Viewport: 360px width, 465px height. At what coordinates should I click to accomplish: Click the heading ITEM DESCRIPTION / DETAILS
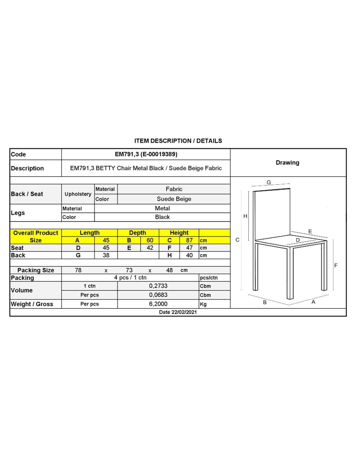tap(178, 141)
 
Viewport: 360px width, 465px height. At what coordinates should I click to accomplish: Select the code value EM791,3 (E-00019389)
tap(146, 154)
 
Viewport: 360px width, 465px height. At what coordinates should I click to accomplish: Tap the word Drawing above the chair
tap(287, 163)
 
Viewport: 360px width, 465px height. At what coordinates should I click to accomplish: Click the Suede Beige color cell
tap(174, 199)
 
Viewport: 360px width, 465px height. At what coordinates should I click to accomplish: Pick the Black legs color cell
tap(162, 217)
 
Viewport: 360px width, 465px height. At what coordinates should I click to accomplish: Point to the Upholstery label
tap(78, 194)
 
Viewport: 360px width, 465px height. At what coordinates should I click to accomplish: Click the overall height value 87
tap(189, 240)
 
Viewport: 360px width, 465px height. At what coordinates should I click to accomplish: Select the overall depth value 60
tap(150, 240)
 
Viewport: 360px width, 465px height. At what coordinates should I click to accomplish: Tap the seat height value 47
tap(189, 248)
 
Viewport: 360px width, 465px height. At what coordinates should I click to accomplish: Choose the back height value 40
tap(189, 255)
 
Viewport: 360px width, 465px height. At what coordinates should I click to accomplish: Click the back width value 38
tap(106, 255)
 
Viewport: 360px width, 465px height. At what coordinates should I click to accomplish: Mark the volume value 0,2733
tap(158, 286)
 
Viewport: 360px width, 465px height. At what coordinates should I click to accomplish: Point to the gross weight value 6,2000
tap(158, 304)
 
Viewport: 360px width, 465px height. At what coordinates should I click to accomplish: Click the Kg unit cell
tap(203, 304)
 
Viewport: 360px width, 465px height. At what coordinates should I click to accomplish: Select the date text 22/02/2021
tap(184, 312)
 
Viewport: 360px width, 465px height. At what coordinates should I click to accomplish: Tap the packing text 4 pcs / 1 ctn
tap(130, 278)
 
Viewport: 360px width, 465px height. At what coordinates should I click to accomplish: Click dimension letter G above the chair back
tap(269, 182)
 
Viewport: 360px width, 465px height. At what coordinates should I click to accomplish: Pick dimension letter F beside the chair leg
tap(336, 266)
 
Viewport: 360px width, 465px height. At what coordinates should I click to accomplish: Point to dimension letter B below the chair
tap(265, 302)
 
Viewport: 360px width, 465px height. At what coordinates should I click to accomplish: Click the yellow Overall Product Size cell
tap(36, 236)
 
